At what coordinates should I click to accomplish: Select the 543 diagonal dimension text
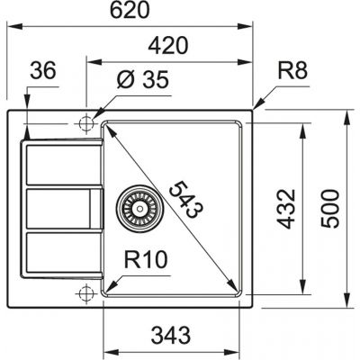(x=185, y=200)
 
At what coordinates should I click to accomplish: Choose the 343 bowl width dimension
(x=171, y=335)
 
